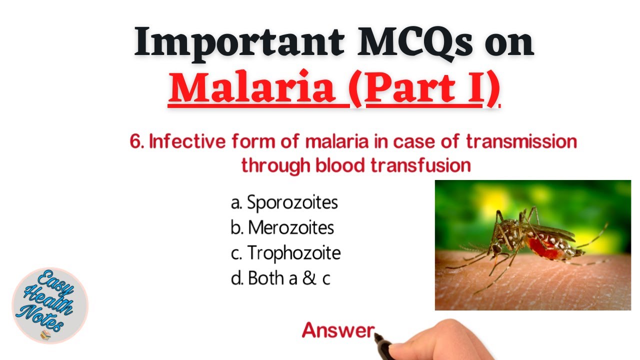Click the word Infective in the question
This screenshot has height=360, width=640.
click(187, 142)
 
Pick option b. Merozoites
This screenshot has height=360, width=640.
click(282, 228)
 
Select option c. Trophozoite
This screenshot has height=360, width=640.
click(285, 253)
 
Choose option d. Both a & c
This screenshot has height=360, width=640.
click(280, 278)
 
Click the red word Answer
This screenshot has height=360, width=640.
click(338, 330)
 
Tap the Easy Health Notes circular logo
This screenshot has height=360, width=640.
click(50, 305)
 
